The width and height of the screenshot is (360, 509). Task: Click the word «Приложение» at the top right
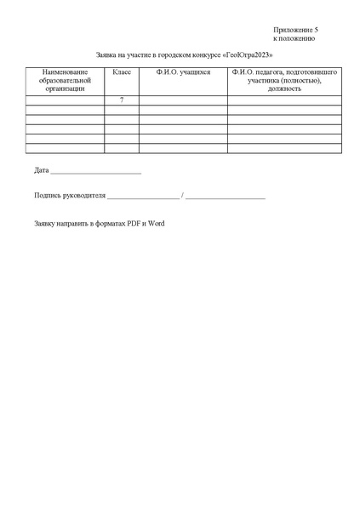click(x=291, y=30)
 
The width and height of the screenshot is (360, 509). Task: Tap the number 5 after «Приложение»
click(x=316, y=30)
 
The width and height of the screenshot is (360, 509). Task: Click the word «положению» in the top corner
click(x=299, y=38)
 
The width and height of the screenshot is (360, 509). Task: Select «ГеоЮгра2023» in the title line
click(x=248, y=54)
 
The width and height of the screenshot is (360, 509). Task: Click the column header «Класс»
click(x=122, y=73)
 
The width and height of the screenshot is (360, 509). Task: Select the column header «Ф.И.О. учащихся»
click(x=183, y=73)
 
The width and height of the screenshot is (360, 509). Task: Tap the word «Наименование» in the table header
click(x=65, y=73)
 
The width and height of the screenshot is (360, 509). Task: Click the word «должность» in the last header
click(x=284, y=89)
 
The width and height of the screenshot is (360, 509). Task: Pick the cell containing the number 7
click(x=122, y=100)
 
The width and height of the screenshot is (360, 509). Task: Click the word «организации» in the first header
click(x=65, y=89)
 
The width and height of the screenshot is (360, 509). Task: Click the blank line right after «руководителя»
click(x=143, y=197)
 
